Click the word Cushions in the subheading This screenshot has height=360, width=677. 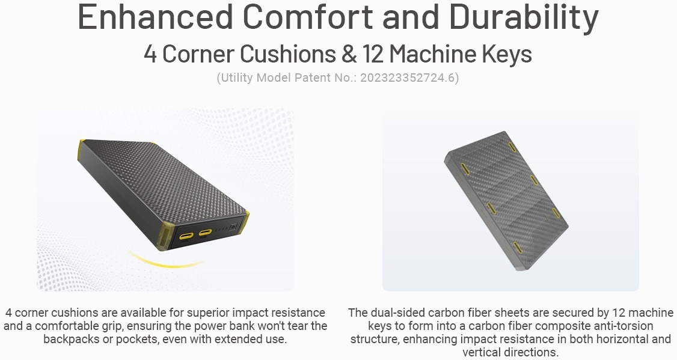click(x=287, y=54)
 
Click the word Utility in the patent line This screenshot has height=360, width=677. click(x=237, y=78)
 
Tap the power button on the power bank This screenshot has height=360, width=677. click(x=233, y=227)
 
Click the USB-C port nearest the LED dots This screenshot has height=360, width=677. click(x=204, y=234)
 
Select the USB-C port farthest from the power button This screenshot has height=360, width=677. click(x=186, y=236)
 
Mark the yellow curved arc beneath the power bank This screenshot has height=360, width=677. click(x=166, y=263)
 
